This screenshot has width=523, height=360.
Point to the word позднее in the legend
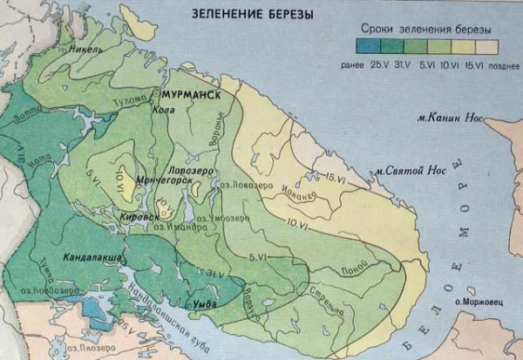click(x=500, y=63)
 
